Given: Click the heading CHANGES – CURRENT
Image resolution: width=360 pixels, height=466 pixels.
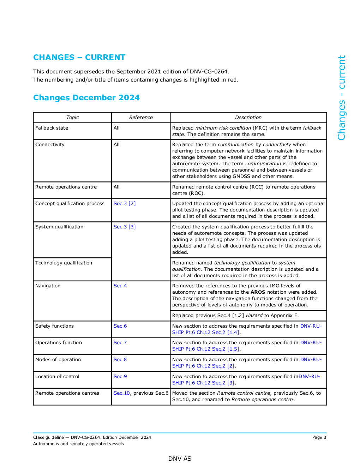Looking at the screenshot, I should [x=79, y=57].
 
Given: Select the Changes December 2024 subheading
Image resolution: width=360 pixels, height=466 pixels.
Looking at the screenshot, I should [x=86, y=97].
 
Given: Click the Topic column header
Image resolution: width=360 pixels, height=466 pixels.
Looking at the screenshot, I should [x=72, y=117].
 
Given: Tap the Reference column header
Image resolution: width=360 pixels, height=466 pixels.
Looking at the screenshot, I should [x=141, y=117].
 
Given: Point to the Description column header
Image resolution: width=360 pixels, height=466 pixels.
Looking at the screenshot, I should [x=248, y=117].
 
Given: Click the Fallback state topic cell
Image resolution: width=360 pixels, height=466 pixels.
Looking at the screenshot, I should [x=52, y=128].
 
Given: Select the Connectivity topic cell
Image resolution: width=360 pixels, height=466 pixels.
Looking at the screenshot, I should [x=50, y=144].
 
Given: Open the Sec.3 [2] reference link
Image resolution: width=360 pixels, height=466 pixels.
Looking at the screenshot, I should [x=124, y=203].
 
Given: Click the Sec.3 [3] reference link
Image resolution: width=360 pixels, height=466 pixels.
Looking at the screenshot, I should [x=124, y=227].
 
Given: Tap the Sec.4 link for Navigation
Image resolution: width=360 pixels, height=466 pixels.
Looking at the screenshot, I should [x=120, y=286].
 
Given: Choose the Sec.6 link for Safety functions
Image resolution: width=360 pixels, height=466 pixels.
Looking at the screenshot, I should [x=120, y=326].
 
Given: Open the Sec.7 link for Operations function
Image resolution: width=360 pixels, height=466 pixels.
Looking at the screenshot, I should [x=120, y=342].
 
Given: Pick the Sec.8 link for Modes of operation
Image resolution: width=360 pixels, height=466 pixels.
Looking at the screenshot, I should [x=120, y=359].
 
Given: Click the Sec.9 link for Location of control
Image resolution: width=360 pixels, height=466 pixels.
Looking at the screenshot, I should [x=120, y=376].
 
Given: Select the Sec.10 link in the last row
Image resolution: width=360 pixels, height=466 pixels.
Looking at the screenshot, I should [x=122, y=393].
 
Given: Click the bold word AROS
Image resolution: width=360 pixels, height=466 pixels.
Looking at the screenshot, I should [x=258, y=292].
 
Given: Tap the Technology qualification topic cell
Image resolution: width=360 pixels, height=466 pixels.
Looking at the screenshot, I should [x=64, y=263].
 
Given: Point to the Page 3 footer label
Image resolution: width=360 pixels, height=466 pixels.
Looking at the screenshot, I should [x=319, y=437].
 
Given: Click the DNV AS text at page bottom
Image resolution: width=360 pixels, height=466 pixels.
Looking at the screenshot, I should [x=180, y=459].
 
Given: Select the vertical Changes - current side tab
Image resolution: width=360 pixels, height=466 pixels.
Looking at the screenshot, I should [x=341, y=97].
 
